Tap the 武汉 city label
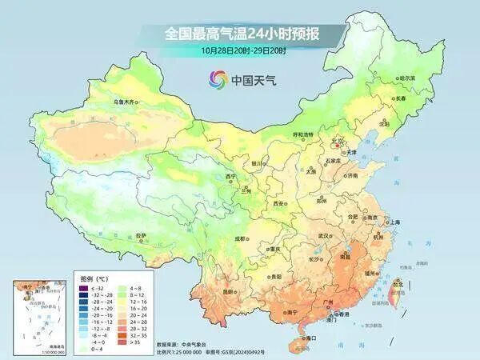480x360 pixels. [323, 236]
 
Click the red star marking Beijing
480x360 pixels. [337, 145]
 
